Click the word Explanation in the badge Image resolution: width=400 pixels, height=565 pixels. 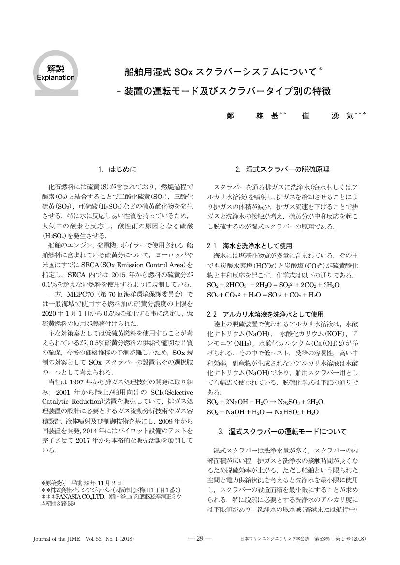click(56, 77)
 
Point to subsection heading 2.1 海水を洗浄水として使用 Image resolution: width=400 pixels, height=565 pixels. click(249, 246)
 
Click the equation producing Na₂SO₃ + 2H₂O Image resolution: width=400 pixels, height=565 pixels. click(265, 402)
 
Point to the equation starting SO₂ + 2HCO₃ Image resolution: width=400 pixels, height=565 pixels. click(273, 285)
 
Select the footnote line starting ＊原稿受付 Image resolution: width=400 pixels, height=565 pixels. click(83, 483)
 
